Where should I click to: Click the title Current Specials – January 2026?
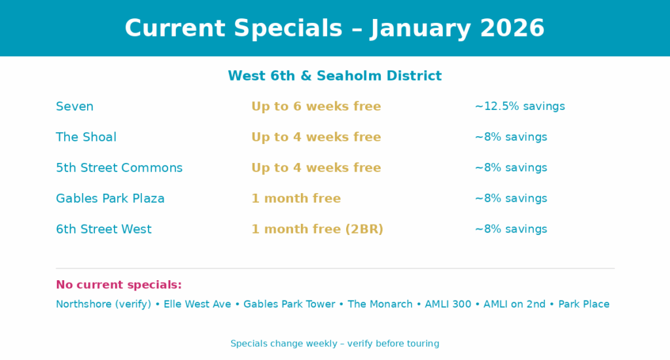pos(334,28)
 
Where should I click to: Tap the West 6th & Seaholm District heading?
pos(334,76)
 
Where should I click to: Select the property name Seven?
pos(75,107)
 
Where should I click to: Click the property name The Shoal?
pos(86,137)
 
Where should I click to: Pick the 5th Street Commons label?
pos(119,168)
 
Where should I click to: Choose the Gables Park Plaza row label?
pos(110,198)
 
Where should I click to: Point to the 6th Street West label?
pos(104,229)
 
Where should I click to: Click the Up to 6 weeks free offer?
pos(316,107)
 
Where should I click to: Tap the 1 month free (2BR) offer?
pos(317,229)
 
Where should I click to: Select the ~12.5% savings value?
pos(520,107)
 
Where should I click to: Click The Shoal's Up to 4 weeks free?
pos(316,137)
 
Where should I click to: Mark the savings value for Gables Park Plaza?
pos(510,198)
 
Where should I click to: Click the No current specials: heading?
pos(119,285)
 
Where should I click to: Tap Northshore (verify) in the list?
pos(103,304)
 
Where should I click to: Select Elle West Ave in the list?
pos(198,304)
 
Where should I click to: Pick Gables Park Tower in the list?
pos(289,304)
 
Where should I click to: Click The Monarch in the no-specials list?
pos(380,304)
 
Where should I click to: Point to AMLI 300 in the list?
pos(448,304)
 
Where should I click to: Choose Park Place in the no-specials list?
pos(584,304)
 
